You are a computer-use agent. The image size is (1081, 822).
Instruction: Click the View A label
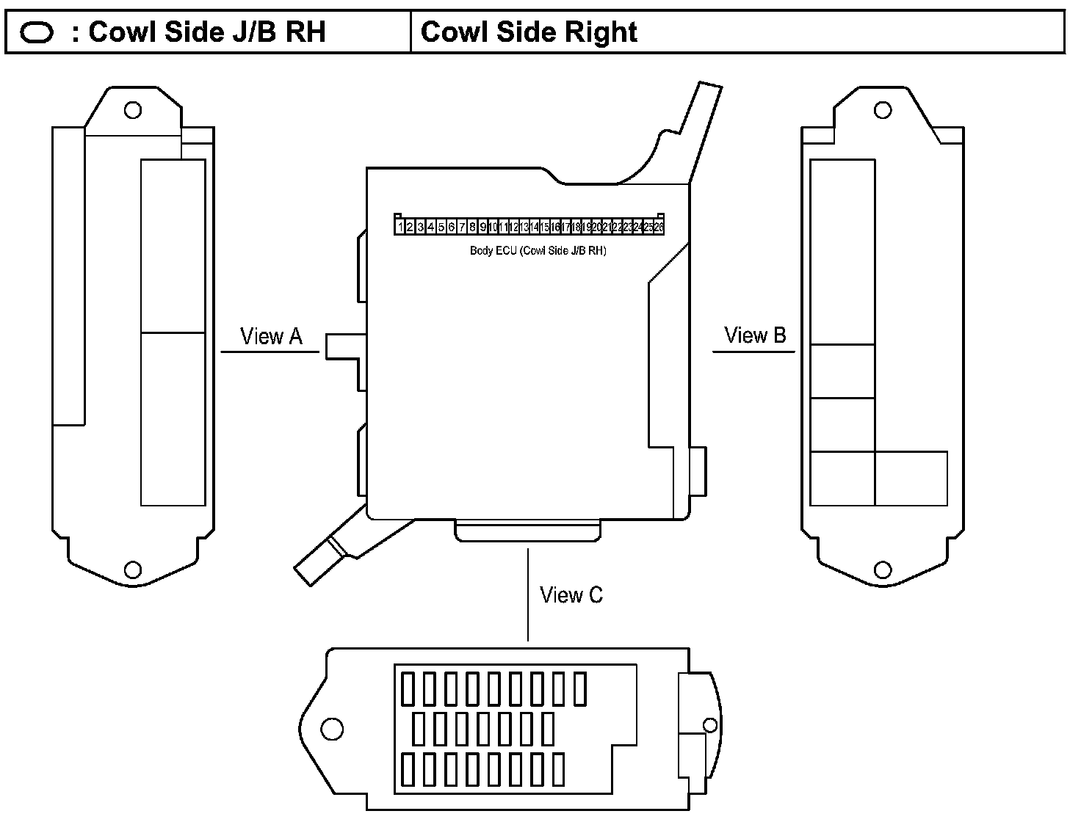point(271,336)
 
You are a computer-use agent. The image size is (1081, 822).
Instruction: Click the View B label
point(755,335)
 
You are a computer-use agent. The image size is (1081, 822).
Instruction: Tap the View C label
point(571,594)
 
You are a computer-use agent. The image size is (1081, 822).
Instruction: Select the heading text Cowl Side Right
point(529,32)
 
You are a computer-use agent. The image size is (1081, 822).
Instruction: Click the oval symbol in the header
point(37,32)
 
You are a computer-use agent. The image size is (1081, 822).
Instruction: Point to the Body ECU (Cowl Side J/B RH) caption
point(538,251)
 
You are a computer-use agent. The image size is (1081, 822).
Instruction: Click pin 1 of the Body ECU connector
point(401,228)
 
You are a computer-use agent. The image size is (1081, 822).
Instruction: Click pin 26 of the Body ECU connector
point(659,228)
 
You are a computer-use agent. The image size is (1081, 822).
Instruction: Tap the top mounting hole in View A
point(133,110)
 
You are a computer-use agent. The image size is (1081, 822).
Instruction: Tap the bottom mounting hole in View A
point(133,570)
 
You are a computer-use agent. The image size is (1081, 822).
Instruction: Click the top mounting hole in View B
point(883,110)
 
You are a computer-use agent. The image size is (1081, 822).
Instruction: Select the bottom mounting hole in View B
point(883,570)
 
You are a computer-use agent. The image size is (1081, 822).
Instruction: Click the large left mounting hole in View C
point(333,729)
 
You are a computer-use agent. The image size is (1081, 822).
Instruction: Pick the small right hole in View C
point(710,725)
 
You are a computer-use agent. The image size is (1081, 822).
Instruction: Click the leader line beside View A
point(270,352)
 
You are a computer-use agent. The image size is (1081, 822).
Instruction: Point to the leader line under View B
point(753,352)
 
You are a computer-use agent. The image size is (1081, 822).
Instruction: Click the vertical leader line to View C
point(528,594)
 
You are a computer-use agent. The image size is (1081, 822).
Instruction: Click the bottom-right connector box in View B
point(911,479)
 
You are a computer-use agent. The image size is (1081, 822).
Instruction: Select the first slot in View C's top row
point(408,690)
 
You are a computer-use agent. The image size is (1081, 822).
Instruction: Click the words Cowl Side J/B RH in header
point(207,32)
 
